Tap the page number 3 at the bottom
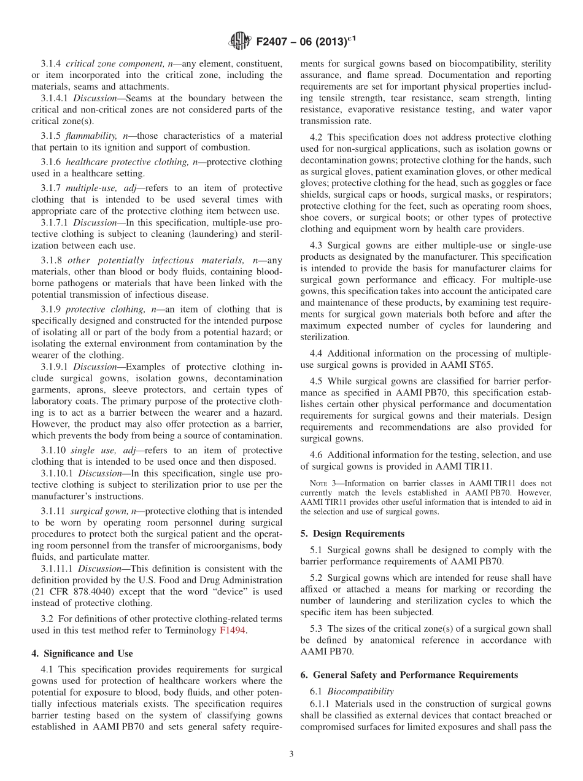[x=291, y=754]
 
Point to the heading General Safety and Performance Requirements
[x=409, y=675]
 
